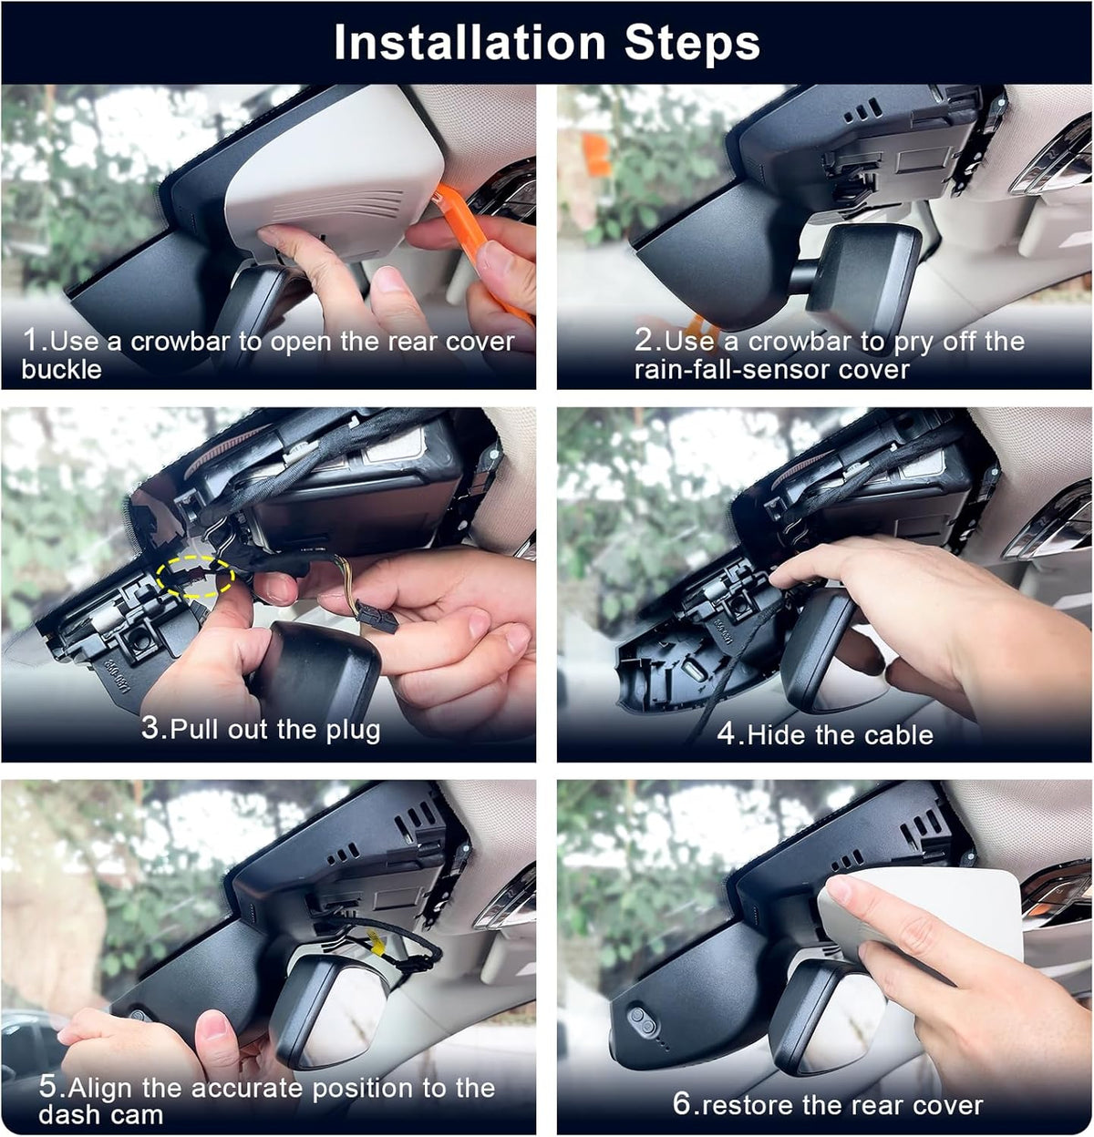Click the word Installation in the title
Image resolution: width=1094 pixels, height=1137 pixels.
pyautogui.click(x=470, y=43)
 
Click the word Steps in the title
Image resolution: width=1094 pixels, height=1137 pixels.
pyautogui.click(x=692, y=43)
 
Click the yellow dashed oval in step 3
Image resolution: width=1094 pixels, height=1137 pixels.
pyautogui.click(x=195, y=576)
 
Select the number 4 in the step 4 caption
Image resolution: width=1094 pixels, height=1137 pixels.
pyautogui.click(x=726, y=734)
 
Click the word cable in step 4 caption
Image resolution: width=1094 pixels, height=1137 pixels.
pyautogui.click(x=900, y=735)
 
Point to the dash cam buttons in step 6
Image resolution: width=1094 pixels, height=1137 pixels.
pyautogui.click(x=642, y=1018)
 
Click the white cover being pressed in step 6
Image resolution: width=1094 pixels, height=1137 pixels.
pyautogui.click(x=924, y=917)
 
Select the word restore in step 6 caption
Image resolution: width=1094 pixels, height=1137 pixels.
pyautogui.click(x=744, y=1105)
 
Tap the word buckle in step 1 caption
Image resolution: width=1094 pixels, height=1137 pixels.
pyautogui.click(x=61, y=369)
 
